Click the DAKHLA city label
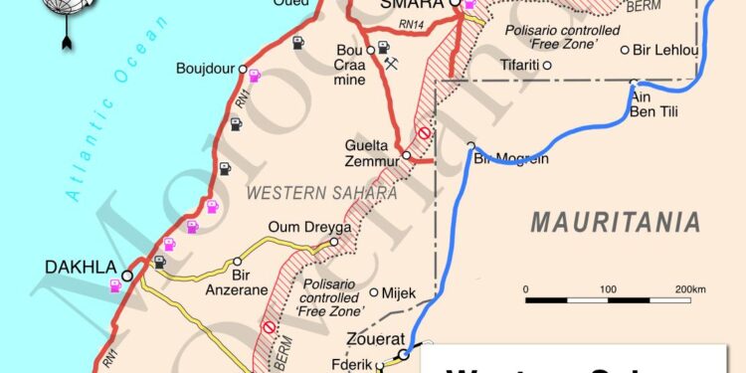point(80,267)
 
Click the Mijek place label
point(399,293)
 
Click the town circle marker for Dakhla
point(128,277)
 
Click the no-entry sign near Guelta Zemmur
point(424,132)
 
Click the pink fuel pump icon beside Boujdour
point(254,75)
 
